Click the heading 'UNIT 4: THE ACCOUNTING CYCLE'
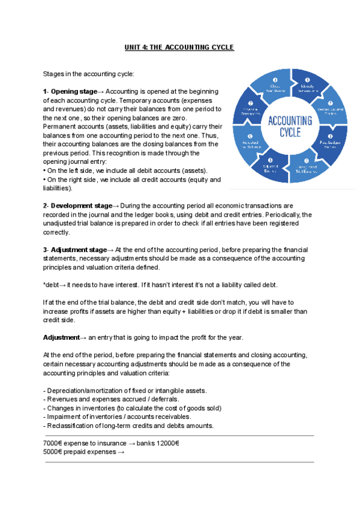(x=179, y=47)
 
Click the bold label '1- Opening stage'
(x=70, y=91)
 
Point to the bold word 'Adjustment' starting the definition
(x=61, y=337)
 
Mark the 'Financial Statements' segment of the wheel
(x=251, y=109)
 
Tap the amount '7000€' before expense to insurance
(x=53, y=443)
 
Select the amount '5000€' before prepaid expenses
(x=53, y=451)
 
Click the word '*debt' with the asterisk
(x=52, y=284)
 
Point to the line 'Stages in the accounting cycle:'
(x=88, y=74)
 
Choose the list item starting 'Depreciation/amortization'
(x=125, y=391)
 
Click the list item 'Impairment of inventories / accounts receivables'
(x=118, y=417)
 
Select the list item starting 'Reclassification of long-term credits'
(x=128, y=426)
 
